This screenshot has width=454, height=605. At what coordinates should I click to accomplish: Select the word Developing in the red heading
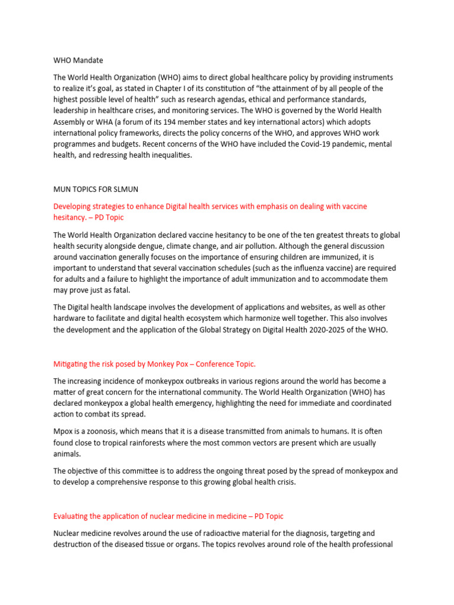coord(74,206)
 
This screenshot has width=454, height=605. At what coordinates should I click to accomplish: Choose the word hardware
coord(72,319)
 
